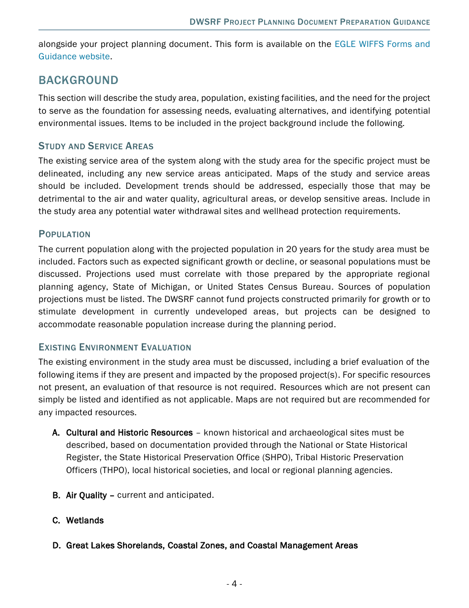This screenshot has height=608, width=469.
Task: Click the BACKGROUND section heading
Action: (78, 80)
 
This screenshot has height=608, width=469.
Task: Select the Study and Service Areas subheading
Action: (96, 146)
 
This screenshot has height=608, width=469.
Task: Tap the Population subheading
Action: (64, 234)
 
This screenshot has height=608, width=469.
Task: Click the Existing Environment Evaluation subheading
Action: (115, 347)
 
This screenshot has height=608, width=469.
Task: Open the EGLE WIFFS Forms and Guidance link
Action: (382, 44)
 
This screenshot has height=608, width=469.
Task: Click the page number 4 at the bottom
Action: (234, 584)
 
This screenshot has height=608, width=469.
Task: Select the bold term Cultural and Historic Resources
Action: (129, 433)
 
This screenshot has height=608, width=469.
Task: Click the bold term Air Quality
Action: (86, 495)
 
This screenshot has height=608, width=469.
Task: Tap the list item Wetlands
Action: (85, 521)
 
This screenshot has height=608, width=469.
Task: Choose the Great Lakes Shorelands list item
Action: (212, 546)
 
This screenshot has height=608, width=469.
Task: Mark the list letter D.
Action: (56, 546)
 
